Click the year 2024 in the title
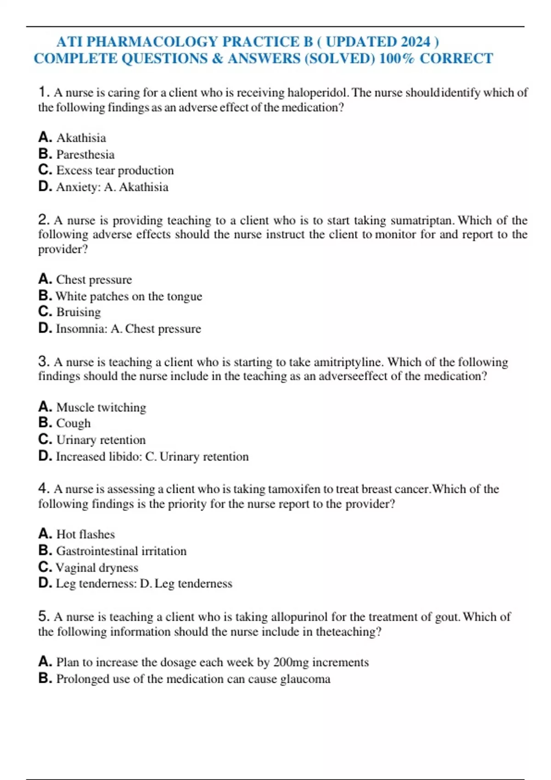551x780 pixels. click(x=416, y=42)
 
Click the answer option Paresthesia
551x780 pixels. click(x=85, y=155)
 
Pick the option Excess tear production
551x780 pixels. click(x=115, y=171)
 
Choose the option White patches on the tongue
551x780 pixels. click(x=129, y=296)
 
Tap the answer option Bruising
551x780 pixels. click(x=79, y=312)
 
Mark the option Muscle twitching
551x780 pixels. click(x=101, y=407)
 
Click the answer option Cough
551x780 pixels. click(x=73, y=423)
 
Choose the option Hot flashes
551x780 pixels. click(x=85, y=535)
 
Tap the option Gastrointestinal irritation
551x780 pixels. click(x=121, y=551)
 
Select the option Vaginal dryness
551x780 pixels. click(x=97, y=568)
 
